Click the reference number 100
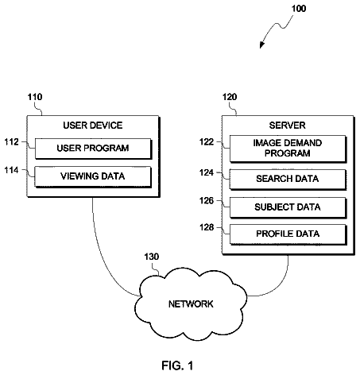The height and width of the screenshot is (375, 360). (x=299, y=9)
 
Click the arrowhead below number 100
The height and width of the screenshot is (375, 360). (x=261, y=45)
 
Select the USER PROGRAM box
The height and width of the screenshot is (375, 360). (x=93, y=149)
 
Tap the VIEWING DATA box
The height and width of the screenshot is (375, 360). (x=93, y=176)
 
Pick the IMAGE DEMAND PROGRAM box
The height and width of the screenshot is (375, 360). (x=288, y=149)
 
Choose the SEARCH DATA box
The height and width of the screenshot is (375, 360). (x=288, y=180)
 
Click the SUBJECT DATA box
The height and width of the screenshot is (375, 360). (x=288, y=207)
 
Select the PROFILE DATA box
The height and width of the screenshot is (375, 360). (x=288, y=234)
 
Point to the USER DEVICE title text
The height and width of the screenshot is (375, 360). (x=93, y=126)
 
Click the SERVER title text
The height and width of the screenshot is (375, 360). (x=288, y=126)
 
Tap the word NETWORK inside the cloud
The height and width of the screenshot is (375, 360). (x=191, y=304)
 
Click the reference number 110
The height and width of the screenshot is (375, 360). (x=35, y=97)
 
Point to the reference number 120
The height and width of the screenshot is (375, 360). (x=230, y=97)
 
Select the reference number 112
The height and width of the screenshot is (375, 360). (x=12, y=142)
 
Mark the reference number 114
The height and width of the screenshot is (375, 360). (x=12, y=170)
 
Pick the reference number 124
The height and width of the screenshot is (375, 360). (x=207, y=172)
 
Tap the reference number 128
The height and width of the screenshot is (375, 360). (x=207, y=227)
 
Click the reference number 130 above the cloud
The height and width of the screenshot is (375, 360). (x=152, y=257)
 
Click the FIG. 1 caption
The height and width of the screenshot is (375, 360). (x=177, y=365)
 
